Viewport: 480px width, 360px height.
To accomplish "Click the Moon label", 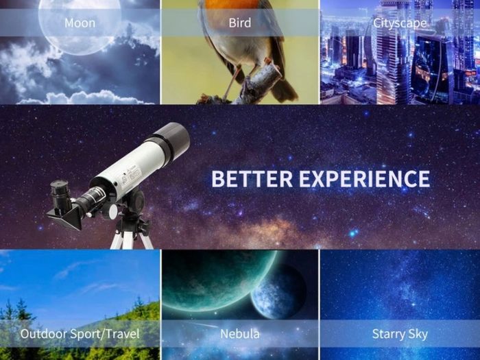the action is (80, 23).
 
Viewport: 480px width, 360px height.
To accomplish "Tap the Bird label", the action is (240, 23).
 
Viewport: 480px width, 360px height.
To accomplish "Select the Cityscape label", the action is (400, 23).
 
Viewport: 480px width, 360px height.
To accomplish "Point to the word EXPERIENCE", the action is (364, 179).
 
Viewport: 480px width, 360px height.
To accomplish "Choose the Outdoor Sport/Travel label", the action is (80, 334).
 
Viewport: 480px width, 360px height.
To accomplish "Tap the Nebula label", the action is (240, 334).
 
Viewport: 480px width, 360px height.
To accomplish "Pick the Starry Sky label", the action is (400, 334).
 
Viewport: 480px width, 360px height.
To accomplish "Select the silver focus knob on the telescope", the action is (112, 211).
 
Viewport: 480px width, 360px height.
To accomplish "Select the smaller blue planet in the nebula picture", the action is (278, 293).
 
